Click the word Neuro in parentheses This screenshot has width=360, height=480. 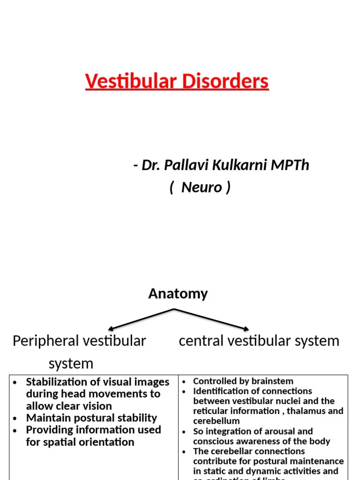pyautogui.click(x=202, y=187)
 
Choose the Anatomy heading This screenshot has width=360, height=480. pyautogui.click(x=178, y=294)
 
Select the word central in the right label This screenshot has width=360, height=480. pyautogui.click(x=201, y=341)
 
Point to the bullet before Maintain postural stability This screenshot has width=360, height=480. pyautogui.click(x=15, y=419)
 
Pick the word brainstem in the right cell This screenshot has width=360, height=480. pyautogui.click(x=274, y=381)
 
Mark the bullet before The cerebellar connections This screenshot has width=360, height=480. pyautogui.click(x=184, y=451)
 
